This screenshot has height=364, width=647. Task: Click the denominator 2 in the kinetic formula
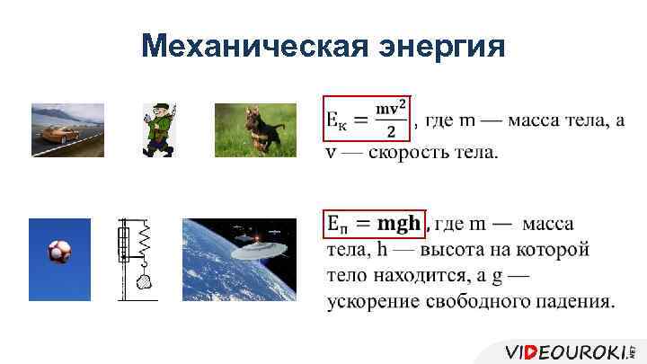390,131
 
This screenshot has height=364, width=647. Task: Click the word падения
575,300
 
